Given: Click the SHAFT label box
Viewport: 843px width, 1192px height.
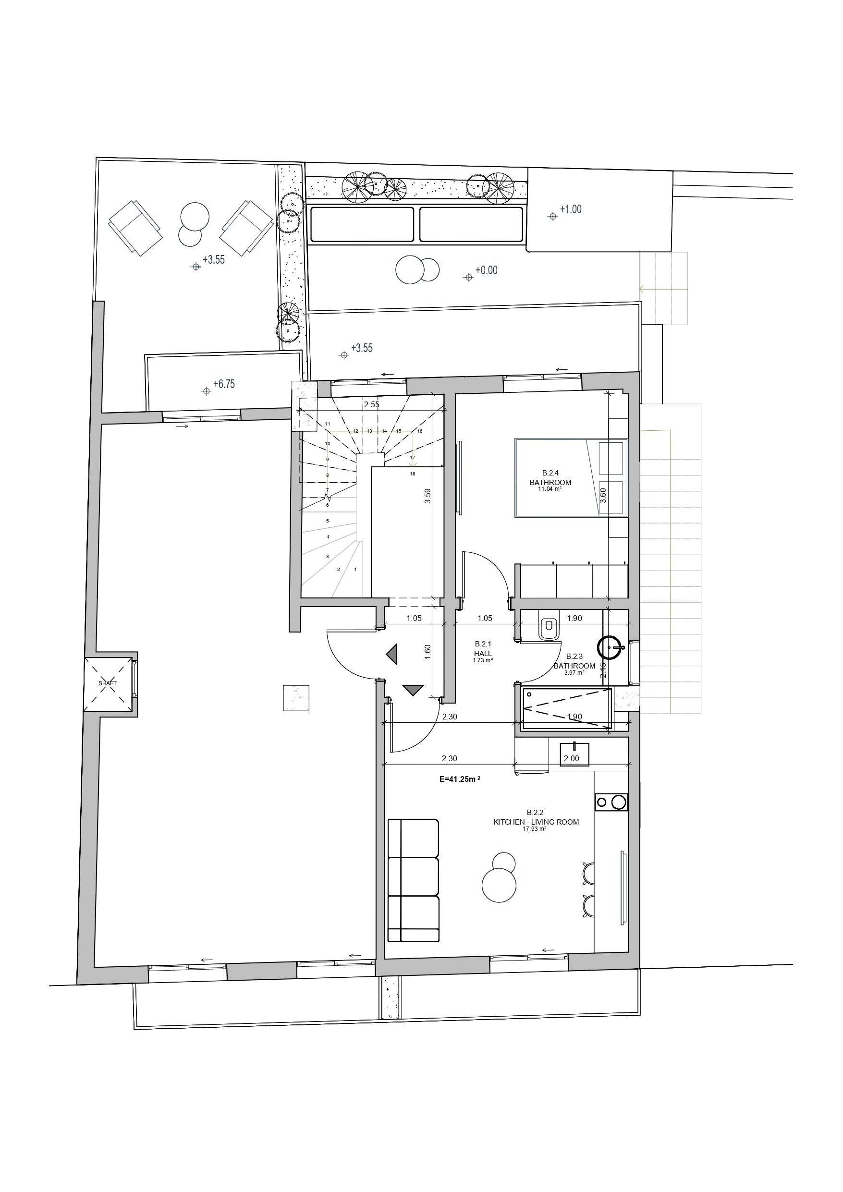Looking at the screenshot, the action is [108, 684].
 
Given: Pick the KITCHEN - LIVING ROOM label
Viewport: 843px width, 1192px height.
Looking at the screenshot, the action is [536, 822].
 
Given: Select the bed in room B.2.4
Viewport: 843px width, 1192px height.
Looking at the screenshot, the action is [571, 478].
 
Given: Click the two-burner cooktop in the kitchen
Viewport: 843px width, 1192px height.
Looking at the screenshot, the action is [611, 802].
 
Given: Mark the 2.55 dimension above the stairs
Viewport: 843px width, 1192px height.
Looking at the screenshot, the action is [371, 404].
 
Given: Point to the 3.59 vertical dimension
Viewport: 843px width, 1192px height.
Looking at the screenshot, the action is [428, 496].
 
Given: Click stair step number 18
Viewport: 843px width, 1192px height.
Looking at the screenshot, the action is [413, 474].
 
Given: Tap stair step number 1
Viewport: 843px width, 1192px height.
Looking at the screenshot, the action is [355, 569].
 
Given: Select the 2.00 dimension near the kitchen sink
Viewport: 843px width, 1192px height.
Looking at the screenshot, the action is [571, 758].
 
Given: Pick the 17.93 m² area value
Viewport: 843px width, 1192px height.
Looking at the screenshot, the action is [536, 829].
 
